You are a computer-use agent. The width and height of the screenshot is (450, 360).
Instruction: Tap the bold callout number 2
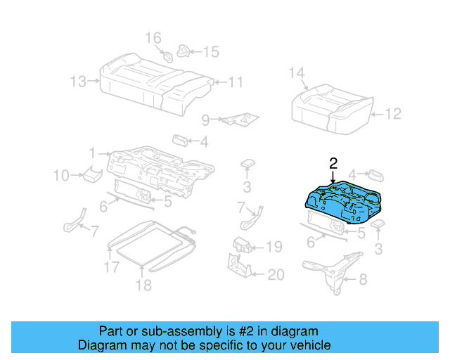pyautogui.click(x=333, y=163)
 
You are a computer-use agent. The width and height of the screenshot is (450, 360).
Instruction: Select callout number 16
pyautogui.click(x=153, y=37)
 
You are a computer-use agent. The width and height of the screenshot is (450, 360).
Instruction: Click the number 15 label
pyautogui.click(x=211, y=51)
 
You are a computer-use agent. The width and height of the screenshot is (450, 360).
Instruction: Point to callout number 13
pyautogui.click(x=78, y=82)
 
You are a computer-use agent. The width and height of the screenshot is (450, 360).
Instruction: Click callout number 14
pyautogui.click(x=297, y=72)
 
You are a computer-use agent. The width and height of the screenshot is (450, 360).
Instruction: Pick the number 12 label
pyautogui.click(x=393, y=112)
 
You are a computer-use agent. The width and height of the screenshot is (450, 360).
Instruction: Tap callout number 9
pyautogui.click(x=205, y=120)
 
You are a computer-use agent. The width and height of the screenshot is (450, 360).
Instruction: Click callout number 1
pyautogui.click(x=91, y=153)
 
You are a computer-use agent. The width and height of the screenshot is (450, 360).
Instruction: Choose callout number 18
pyautogui.click(x=143, y=285)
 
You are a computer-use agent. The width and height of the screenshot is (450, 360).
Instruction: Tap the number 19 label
pyautogui.click(x=274, y=247)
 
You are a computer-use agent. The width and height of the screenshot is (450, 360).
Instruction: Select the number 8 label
pyautogui.click(x=362, y=280)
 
